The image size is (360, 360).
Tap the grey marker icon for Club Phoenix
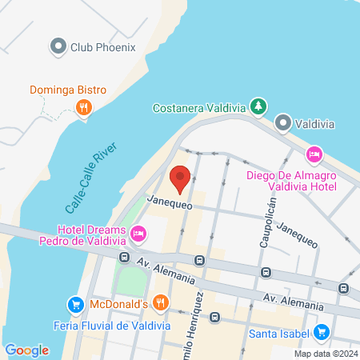click(58, 46)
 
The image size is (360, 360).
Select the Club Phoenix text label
click(103, 46)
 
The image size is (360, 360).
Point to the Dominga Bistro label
click(63, 90)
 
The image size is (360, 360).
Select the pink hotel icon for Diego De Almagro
click(314, 154)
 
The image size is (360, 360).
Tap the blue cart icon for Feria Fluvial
click(75, 305)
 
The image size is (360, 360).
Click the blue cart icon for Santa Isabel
click(322, 331)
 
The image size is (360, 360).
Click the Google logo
click(26, 350)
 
